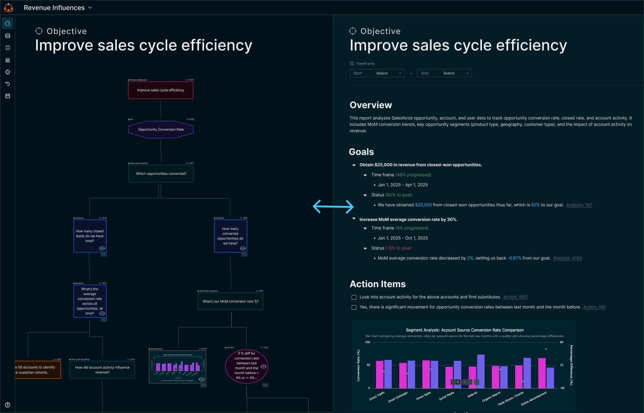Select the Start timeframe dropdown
pyautogui.click(x=377, y=73)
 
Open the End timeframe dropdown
pyautogui.click(x=444, y=73)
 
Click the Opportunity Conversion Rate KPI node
pyautogui.click(x=161, y=129)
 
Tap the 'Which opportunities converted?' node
pyautogui.click(x=161, y=174)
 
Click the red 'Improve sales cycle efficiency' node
pyautogui.click(x=161, y=90)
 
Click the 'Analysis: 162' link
pyautogui.click(x=579, y=205)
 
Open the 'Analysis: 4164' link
pyautogui.click(x=567, y=258)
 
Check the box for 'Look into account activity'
pyautogui.click(x=354, y=297)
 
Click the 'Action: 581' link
pyautogui.click(x=594, y=307)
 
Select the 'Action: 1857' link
pyautogui.click(x=516, y=297)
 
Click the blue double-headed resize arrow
pyautogui.click(x=333, y=207)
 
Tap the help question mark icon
pyautogui.click(x=8, y=405)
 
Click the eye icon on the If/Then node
pyautogui.click(x=263, y=367)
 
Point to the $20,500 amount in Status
pyautogui.click(x=423, y=205)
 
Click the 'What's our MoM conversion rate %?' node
pyautogui.click(x=230, y=301)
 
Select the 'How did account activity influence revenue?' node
pyautogui.click(x=102, y=370)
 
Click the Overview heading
pyautogui.click(x=371, y=105)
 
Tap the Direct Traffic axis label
pyautogui.click(x=377, y=396)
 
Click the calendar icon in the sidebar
pyautogui.click(x=8, y=96)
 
